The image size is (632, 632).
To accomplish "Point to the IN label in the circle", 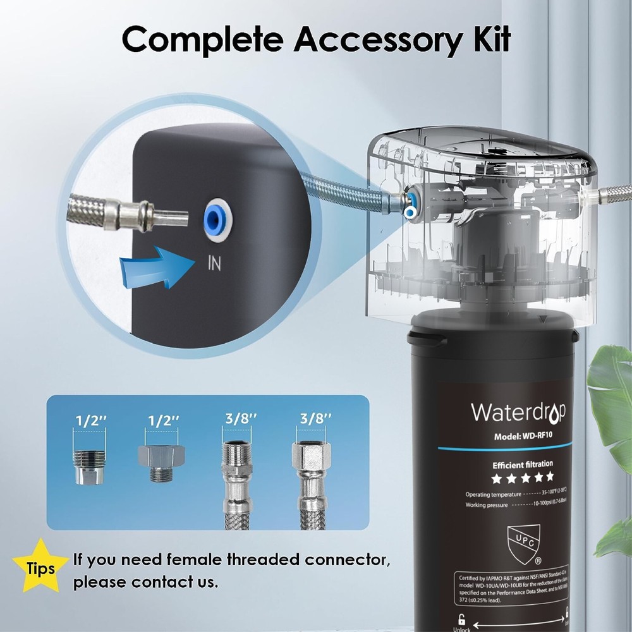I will point(214,263).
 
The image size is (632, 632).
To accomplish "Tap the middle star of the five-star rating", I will point(523,476).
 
